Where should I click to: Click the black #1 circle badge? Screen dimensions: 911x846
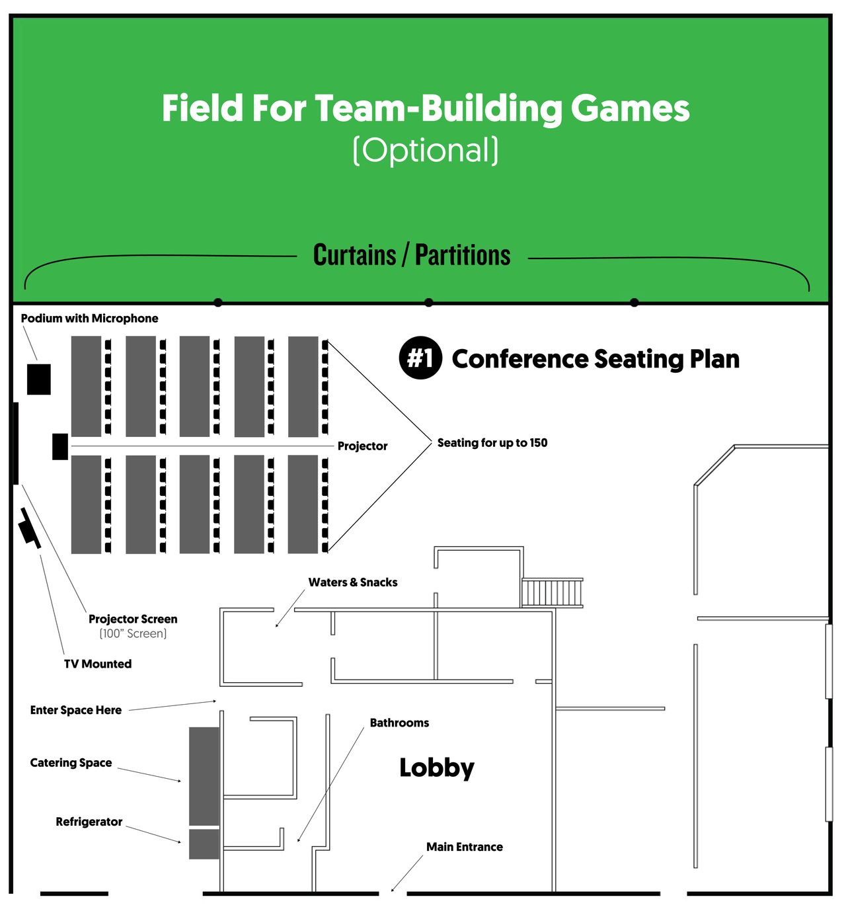click(420, 358)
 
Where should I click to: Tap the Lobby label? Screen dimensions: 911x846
click(437, 768)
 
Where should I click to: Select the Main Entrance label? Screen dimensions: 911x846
click(464, 847)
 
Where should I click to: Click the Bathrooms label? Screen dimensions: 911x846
click(399, 723)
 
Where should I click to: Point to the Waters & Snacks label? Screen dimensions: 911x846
click(353, 582)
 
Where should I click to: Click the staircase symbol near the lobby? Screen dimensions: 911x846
click(552, 593)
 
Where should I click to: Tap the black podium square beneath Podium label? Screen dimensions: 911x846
click(39, 379)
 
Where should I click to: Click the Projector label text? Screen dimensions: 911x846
click(362, 446)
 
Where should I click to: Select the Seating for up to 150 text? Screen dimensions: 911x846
click(492, 443)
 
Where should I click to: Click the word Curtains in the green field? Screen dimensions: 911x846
click(354, 255)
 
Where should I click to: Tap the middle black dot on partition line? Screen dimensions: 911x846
click(429, 303)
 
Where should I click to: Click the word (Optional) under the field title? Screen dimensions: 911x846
click(426, 150)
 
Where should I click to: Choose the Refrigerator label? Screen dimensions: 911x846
click(89, 822)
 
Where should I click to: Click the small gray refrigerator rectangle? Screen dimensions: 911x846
click(204, 844)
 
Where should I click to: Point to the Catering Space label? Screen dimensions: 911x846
click(71, 763)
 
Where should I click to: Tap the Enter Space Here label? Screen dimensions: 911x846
click(76, 710)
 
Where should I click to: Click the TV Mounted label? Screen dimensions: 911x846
click(98, 664)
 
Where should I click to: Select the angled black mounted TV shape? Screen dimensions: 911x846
click(30, 528)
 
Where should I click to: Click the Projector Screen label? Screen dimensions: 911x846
click(133, 619)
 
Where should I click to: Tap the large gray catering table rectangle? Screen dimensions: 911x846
click(204, 775)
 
